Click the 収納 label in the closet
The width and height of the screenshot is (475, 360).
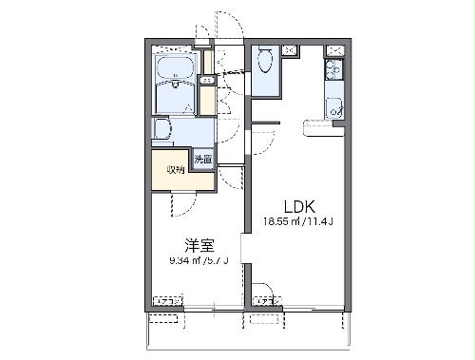point(175,170)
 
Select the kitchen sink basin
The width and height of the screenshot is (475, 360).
point(334,107)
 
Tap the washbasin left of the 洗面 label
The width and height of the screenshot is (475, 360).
point(161,131)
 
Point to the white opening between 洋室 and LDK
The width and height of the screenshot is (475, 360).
point(245,249)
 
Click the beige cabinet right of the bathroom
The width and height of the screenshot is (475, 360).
point(206,98)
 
